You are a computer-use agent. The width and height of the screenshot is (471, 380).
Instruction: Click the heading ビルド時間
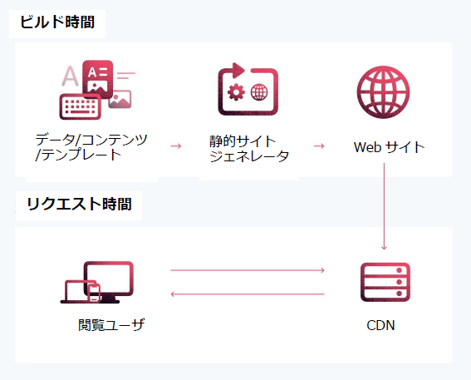57,22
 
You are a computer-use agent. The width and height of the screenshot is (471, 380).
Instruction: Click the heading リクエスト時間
79,204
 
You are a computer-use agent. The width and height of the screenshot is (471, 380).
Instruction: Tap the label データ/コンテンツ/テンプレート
91,147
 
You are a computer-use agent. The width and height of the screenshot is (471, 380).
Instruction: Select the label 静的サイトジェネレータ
249,149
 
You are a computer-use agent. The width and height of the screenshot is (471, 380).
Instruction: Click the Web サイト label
389,147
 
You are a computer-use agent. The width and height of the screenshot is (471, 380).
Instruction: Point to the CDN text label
380,325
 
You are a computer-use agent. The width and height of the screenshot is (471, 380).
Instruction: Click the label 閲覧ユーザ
111,324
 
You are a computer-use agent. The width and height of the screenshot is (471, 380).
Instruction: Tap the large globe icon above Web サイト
383,91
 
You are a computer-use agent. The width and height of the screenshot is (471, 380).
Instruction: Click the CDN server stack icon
385,282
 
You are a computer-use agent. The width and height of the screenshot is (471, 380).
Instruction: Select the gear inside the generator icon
236,92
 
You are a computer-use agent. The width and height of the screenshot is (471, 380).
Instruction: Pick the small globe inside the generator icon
259,92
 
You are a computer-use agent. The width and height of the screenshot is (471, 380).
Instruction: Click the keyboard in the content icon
81,106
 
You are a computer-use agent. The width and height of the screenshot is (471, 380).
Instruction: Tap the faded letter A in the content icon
70,76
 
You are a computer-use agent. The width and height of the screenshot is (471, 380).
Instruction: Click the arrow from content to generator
176,146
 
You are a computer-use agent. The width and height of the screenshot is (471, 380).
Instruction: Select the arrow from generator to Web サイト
319,146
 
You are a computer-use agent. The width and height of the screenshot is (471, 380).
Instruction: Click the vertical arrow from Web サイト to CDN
384,206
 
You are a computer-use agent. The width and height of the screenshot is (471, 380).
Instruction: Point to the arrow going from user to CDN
248,270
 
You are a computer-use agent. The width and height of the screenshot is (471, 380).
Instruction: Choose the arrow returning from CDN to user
248,294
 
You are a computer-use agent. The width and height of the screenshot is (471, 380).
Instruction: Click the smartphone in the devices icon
95,293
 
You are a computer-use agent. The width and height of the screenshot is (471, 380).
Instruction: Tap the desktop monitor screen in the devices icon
109,278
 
